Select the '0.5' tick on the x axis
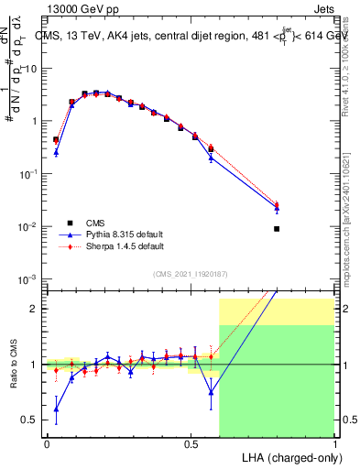(191, 442)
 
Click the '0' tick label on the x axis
(47, 442)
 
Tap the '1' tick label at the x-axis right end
(334, 442)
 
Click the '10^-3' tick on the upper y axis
(28, 278)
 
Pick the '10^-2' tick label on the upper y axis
(28, 226)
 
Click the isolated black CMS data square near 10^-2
(277, 229)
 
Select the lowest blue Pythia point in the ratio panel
(57, 409)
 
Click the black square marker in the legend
(70, 223)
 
